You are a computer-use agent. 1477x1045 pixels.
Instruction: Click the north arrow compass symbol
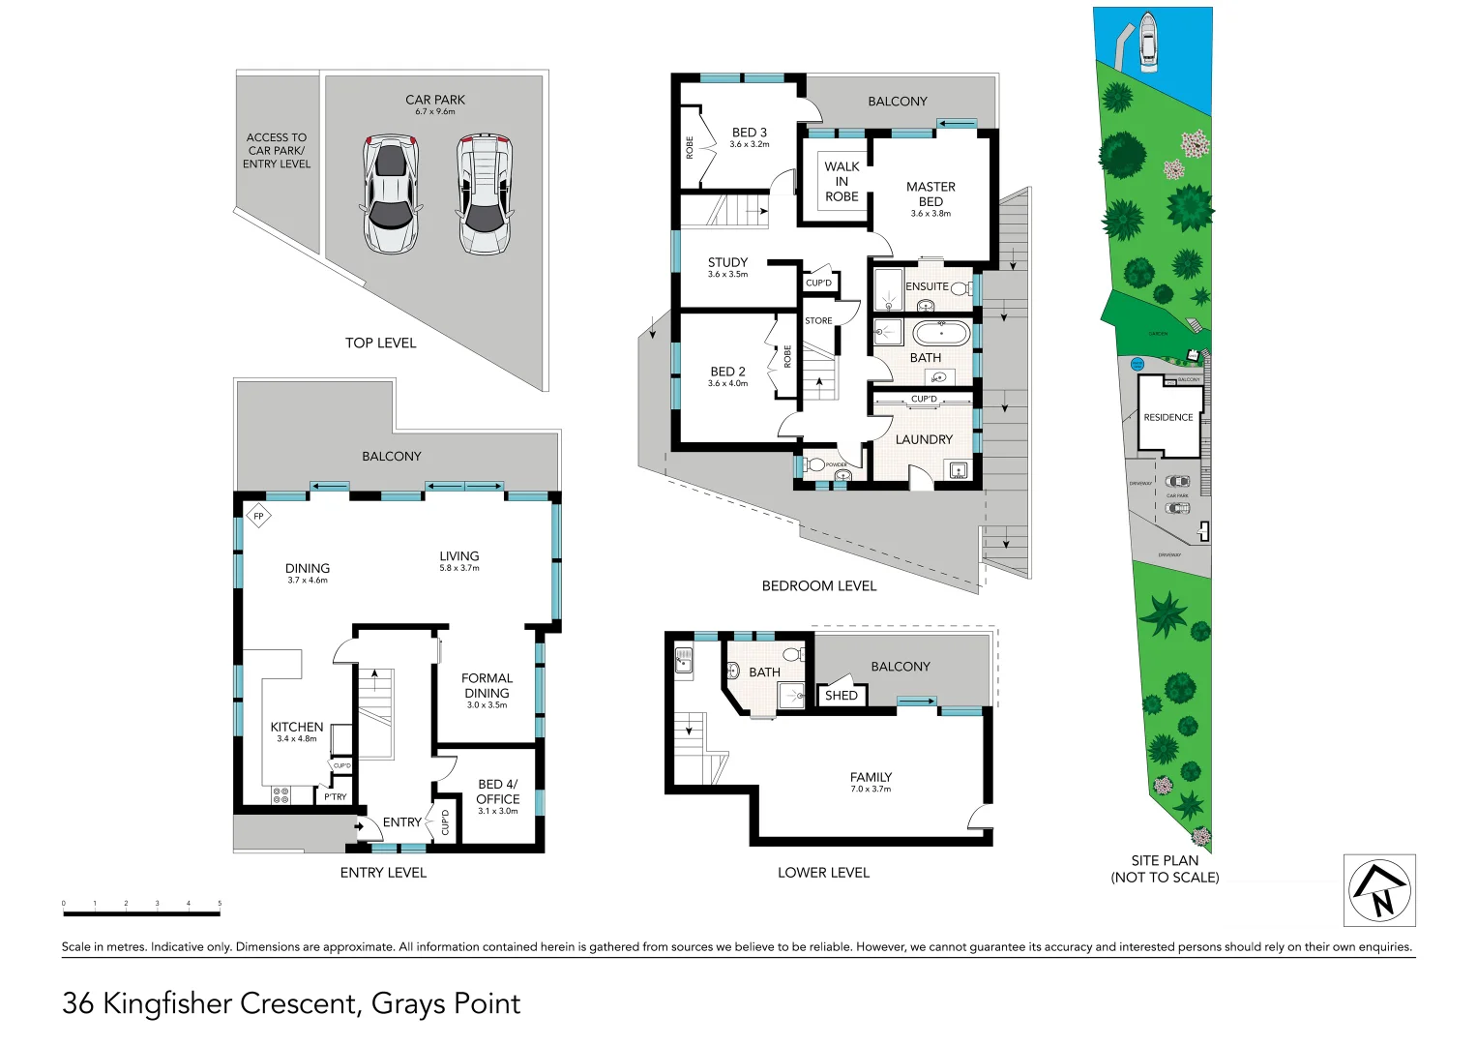pos(1379,890)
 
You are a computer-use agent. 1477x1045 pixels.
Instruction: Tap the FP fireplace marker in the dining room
pos(258,517)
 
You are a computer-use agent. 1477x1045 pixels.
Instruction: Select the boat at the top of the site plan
pos(1148,42)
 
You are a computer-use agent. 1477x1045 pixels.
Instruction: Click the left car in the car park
pos(391,194)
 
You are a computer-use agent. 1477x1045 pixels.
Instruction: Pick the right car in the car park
pos(485,194)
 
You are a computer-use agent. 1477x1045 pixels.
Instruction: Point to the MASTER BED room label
pos(931,194)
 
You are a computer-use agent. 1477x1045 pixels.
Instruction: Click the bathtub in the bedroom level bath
pos(941,334)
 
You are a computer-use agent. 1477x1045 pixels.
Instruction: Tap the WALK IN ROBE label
pos(842,181)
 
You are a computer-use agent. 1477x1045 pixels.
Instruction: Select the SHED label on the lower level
pos(841,695)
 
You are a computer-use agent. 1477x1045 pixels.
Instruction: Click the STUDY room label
pos(727,262)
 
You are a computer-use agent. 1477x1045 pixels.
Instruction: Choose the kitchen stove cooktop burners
pos(281,795)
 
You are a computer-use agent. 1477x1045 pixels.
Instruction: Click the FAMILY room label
pos(871,777)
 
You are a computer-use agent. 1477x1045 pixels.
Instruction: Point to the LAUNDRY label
pos(924,439)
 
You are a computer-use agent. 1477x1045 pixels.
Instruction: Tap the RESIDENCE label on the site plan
pos(1168,418)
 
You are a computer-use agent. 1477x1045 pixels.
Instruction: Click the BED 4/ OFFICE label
pos(497,791)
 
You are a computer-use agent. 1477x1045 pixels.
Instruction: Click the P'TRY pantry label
pos(335,797)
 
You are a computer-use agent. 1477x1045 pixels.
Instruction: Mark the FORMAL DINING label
pos(487,686)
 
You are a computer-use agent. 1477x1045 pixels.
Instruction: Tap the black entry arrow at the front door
pos(359,826)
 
